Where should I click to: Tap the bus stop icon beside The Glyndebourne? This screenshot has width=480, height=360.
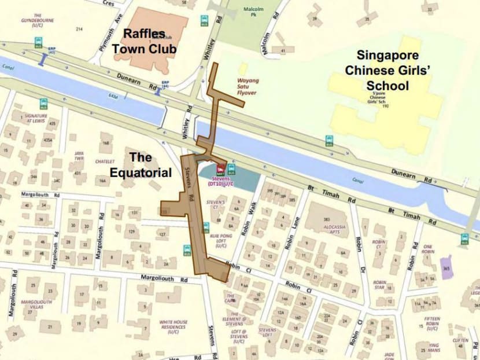tap(38, 42)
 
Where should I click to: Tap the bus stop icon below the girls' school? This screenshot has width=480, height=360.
tap(329, 139)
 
